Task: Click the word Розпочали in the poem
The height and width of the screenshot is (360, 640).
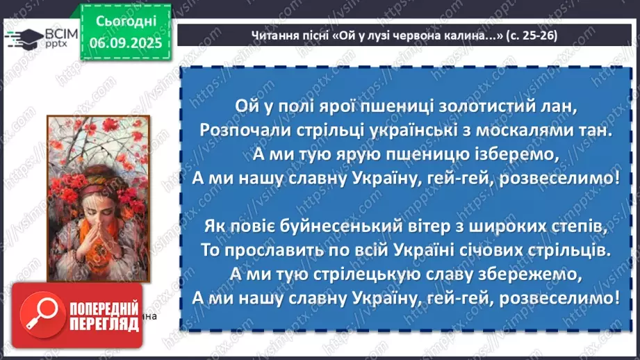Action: point(233,130)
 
